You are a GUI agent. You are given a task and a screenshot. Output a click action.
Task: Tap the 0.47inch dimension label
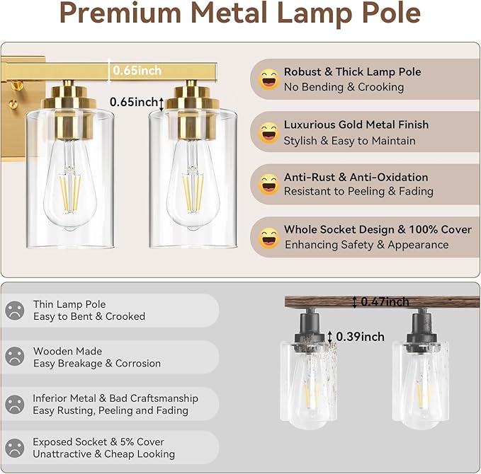[385, 302]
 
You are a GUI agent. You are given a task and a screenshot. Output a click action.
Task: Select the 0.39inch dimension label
[361, 337]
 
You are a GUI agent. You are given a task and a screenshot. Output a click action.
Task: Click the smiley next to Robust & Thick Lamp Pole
[268, 79]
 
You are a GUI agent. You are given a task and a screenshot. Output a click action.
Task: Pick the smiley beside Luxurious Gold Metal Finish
[268, 132]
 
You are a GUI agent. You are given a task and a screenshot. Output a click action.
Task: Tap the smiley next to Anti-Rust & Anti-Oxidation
[268, 184]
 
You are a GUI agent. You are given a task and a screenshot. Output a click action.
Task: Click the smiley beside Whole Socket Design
[268, 237]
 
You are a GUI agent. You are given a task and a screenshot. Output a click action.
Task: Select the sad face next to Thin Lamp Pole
[15, 310]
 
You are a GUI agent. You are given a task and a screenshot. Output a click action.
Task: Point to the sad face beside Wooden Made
[15, 357]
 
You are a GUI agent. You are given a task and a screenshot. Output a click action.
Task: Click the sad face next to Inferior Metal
[15, 404]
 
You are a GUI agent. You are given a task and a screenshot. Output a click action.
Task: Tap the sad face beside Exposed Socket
[15, 448]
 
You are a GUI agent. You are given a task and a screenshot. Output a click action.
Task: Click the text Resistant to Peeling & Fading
[358, 192]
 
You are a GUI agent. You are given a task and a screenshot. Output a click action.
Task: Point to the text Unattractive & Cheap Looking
[103, 454]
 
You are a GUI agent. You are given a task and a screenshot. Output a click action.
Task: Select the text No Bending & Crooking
[344, 87]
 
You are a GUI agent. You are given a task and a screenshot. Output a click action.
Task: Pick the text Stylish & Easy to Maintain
[349, 141]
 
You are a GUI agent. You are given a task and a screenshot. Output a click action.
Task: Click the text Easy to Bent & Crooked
[89, 317]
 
